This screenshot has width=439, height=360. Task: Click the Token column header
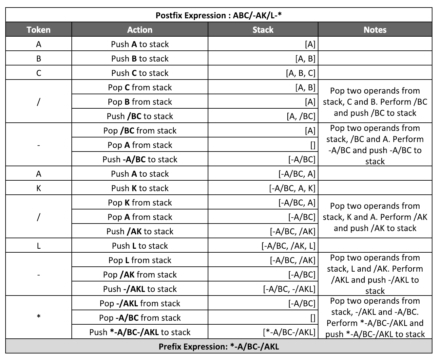(39, 30)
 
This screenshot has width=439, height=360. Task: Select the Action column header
(140, 30)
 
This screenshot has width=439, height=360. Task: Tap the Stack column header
(263, 30)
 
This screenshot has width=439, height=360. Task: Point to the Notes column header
(375, 30)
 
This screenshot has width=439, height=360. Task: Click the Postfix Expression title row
(219, 15)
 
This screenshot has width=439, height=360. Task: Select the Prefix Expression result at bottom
(219, 347)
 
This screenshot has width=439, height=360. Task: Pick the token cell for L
(39, 246)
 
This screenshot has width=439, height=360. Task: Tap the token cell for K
(39, 188)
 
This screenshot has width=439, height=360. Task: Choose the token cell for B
(39, 59)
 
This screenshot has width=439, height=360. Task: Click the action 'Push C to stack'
(140, 73)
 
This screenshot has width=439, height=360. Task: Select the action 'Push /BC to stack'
(140, 116)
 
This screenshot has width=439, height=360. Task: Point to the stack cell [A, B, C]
(300, 73)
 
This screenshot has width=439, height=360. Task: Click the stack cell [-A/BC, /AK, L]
(288, 246)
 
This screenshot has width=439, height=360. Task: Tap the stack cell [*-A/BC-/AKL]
(289, 332)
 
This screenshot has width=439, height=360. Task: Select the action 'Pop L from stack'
(140, 260)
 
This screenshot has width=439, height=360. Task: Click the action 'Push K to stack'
(140, 188)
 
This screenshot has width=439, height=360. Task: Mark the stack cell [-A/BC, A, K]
(292, 188)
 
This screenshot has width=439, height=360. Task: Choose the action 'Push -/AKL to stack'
(140, 289)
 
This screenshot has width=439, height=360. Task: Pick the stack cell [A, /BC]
(300, 116)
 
